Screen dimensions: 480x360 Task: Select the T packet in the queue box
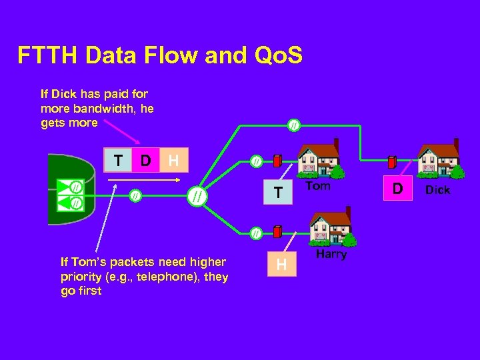[x=118, y=161]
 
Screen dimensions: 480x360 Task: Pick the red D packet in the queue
[x=145, y=161]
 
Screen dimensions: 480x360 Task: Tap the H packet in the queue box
[x=173, y=161]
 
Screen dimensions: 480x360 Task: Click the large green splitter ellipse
[x=196, y=196]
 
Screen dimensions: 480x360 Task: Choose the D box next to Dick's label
[x=397, y=189]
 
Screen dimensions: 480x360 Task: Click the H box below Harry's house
[x=282, y=265]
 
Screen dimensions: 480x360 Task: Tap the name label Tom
[x=318, y=186]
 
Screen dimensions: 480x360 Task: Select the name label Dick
[x=437, y=190]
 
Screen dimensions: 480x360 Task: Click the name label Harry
[x=331, y=255]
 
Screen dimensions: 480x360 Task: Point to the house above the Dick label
[x=438, y=159]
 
